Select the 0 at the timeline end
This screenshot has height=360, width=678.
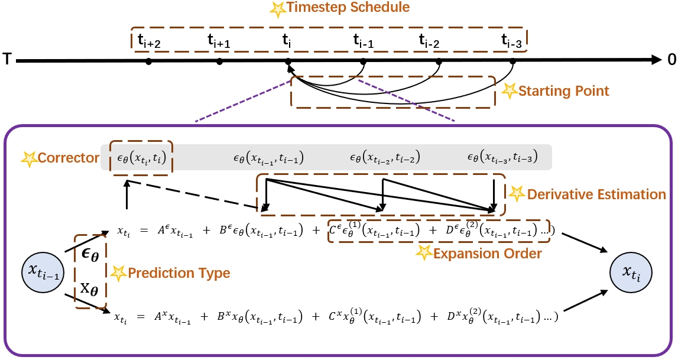tap(670, 60)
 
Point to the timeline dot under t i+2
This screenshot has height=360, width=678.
tap(148, 61)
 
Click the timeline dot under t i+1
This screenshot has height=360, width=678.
tap(219, 61)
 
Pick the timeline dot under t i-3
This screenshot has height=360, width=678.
tap(512, 61)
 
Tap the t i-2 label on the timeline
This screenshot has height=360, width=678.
tap(430, 40)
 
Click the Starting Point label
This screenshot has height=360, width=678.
tap(563, 91)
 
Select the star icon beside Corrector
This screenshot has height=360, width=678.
tap(28, 158)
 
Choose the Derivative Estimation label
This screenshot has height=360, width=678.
tap(596, 193)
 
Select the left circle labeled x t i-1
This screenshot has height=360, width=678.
tap(44, 271)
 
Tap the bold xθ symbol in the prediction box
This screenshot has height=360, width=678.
tap(90, 289)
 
